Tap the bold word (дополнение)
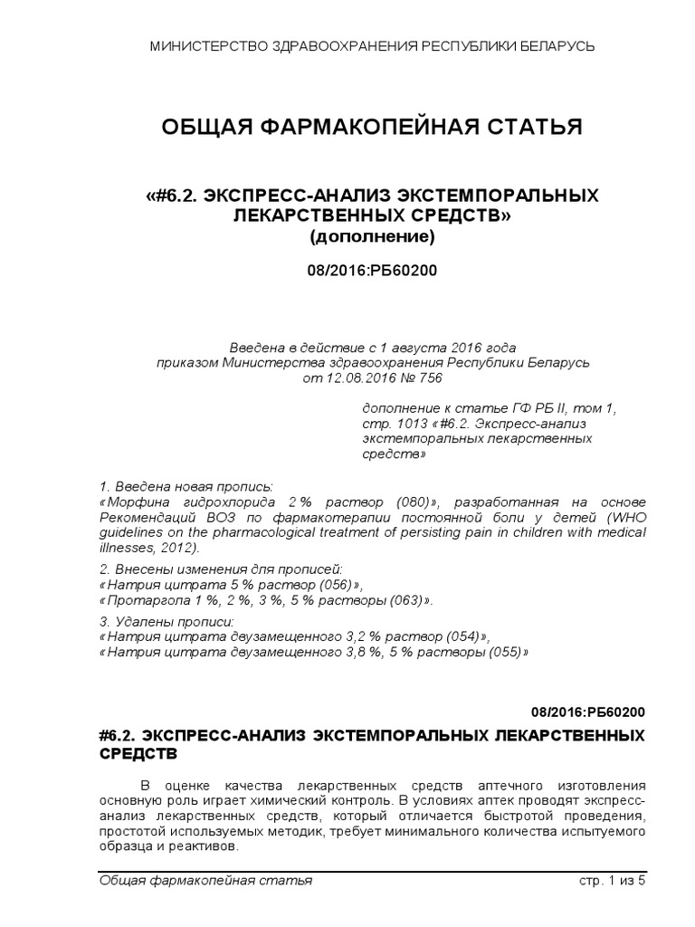pyautogui.click(x=372, y=238)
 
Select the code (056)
pyautogui.click(x=313, y=584)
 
